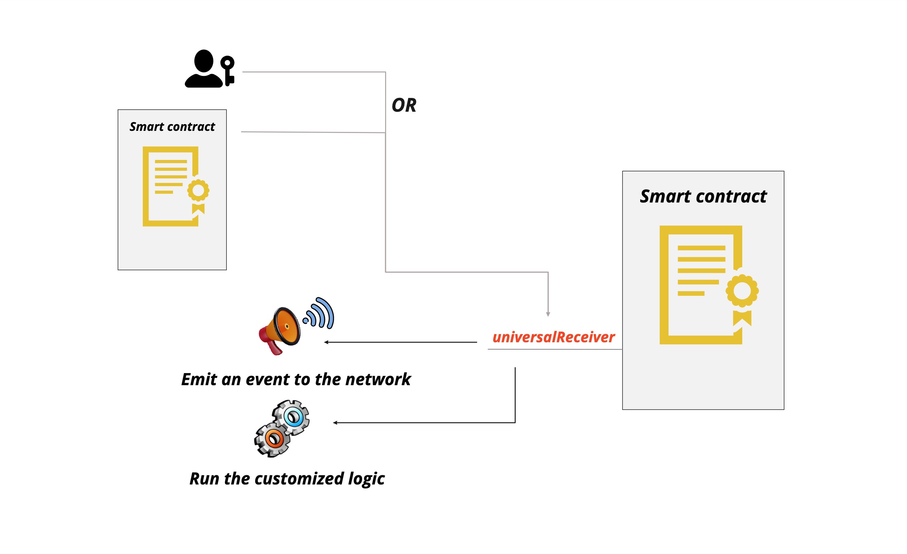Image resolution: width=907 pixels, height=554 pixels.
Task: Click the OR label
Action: pos(404,105)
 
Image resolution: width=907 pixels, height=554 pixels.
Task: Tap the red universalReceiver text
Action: pos(553,337)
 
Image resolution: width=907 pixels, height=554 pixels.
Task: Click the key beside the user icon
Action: pos(228,70)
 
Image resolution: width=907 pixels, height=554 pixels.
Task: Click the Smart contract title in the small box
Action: pos(172,127)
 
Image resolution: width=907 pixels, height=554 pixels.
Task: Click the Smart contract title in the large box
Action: pos(703,196)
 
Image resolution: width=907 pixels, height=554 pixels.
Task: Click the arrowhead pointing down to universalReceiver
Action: pos(548,314)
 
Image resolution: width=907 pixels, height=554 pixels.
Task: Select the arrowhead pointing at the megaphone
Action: pos(326,342)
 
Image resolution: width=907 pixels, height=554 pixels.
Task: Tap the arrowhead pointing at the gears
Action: pos(335,423)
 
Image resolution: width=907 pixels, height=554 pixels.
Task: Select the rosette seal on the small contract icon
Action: pos(198,190)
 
